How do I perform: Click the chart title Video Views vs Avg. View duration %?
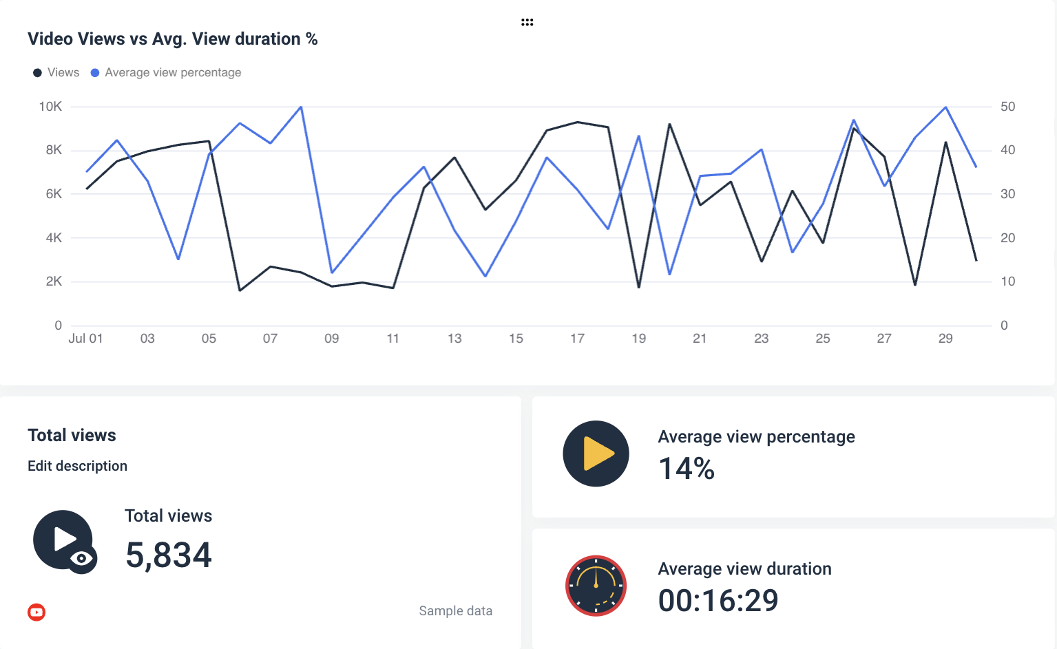coord(172,39)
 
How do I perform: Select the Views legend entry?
coord(56,73)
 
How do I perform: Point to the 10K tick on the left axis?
coord(50,107)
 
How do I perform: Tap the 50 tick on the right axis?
coord(1007,107)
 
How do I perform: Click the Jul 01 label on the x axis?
coord(85,339)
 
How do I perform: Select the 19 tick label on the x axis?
coord(638,339)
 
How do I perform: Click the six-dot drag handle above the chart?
coord(527,23)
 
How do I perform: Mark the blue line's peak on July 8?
coord(301,107)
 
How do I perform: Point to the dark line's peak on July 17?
coord(577,123)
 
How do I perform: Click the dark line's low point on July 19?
coord(639,286)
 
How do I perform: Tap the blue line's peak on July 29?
coord(945,107)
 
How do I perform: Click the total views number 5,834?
coord(169,555)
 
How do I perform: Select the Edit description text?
coord(77,466)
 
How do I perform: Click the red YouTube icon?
coord(36,612)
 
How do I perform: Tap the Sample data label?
coord(455,611)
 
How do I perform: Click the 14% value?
coord(687,469)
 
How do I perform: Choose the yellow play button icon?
coord(596,454)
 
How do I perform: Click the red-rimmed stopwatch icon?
coord(596,586)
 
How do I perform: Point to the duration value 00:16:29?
coord(718,601)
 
